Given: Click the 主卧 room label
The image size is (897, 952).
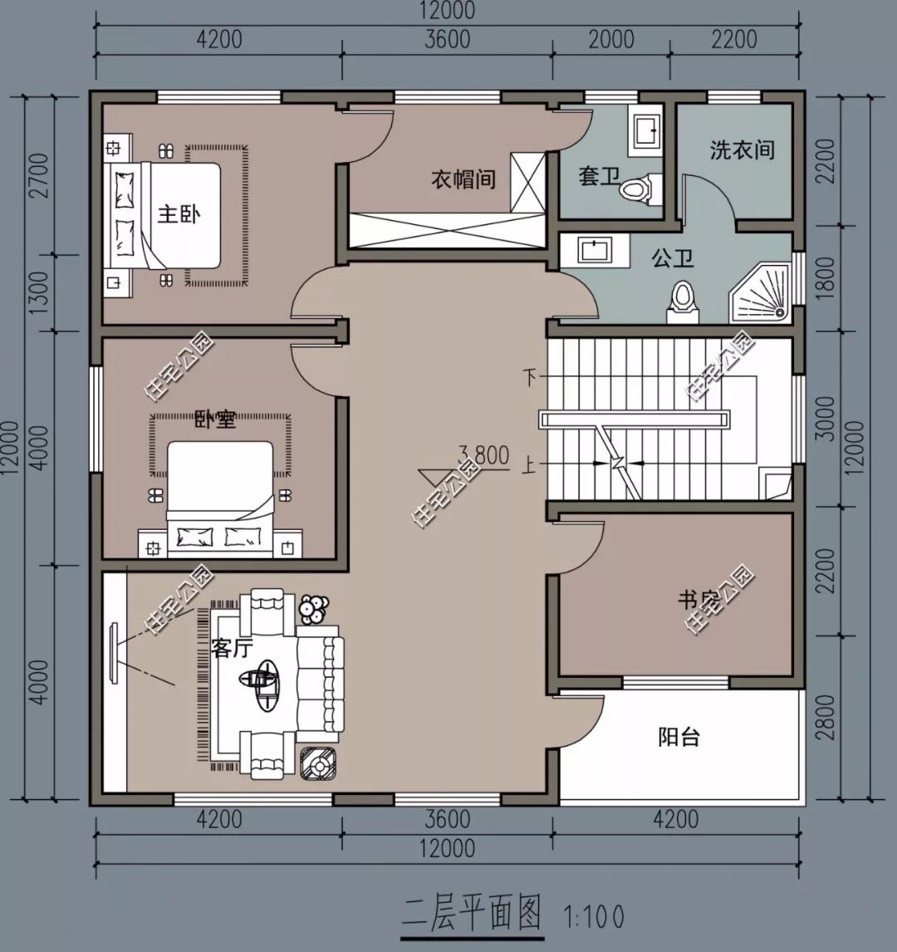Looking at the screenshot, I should click(179, 214).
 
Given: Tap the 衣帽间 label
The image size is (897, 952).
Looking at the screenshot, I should click(463, 179).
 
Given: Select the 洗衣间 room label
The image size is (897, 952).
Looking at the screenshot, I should click(742, 150).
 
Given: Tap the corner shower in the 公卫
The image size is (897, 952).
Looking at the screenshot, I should click(761, 292).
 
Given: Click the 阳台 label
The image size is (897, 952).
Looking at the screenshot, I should click(679, 736).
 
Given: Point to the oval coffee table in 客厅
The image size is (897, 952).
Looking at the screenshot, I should click(267, 684).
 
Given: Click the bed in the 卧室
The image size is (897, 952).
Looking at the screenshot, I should click(221, 498).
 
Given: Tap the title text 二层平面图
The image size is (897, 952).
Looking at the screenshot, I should click(471, 912).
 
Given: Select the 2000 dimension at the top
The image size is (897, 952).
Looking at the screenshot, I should click(610, 39).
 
